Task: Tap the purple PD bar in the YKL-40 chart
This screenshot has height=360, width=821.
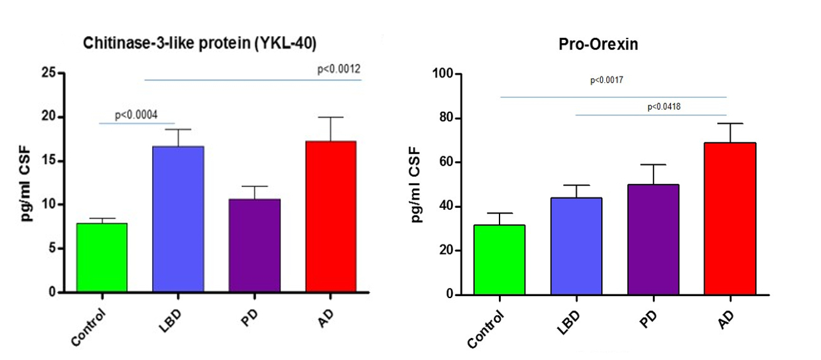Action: click(x=255, y=246)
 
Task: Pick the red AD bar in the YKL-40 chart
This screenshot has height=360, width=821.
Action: click(x=331, y=217)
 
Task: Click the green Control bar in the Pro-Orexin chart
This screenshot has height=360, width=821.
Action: click(x=500, y=260)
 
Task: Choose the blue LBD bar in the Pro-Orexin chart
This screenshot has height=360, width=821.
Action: click(x=576, y=246)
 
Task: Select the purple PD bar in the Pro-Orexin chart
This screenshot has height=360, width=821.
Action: click(x=653, y=239)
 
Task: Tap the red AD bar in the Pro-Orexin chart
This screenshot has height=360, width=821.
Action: click(x=729, y=219)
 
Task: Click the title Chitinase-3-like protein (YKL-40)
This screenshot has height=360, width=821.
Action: click(x=200, y=44)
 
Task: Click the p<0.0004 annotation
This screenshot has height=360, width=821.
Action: click(x=136, y=115)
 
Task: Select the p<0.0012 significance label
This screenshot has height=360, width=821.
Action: click(x=339, y=69)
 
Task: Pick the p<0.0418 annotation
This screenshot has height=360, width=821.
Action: click(x=664, y=107)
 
